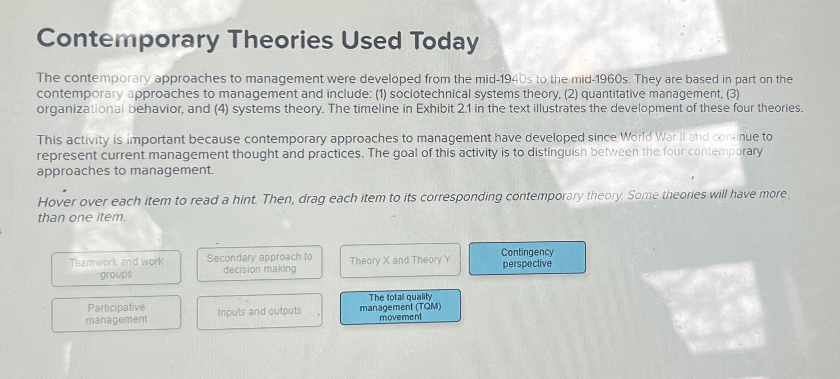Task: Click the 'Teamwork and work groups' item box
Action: coord(116,268)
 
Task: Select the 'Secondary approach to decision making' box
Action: coord(259,263)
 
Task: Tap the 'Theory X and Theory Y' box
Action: coord(400,260)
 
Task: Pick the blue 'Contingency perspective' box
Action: coord(527,258)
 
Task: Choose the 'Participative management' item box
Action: coord(116,313)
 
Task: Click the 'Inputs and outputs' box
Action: coord(259,311)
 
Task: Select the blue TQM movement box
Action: coord(400,307)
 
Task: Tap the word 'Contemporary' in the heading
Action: coord(128,39)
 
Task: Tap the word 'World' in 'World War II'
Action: coord(636,137)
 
